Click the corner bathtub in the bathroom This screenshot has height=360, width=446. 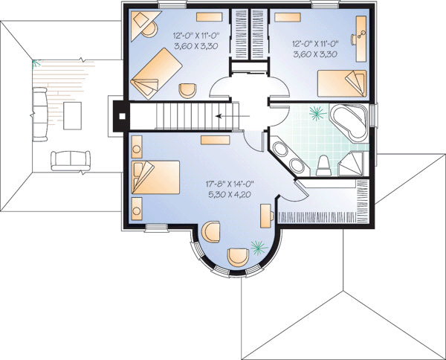coord(349,123)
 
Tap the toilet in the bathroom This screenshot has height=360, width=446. coord(323,165)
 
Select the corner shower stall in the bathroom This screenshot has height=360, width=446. coord(352,164)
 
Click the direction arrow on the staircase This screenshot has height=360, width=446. coord(233,116)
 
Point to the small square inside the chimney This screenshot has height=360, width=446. coord(122,116)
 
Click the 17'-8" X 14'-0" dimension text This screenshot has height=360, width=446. coord(230,184)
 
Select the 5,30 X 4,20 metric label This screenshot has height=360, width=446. coord(230,194)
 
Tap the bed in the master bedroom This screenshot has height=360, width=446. coord(156,177)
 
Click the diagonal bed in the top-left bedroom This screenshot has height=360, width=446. coord(156,74)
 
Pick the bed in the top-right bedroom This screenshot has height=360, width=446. coord(342,83)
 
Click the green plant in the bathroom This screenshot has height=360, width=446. coord(317,113)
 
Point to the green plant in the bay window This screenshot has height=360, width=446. coord(259,247)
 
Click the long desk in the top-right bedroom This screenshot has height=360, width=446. coord(361,39)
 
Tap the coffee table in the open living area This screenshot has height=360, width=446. coord(72,116)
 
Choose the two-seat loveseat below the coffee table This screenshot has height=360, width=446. coord(71,161)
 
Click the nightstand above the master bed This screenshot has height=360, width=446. coord(137,147)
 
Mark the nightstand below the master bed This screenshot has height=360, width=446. coord(137,209)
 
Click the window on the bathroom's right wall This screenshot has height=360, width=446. coord(375,115)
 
